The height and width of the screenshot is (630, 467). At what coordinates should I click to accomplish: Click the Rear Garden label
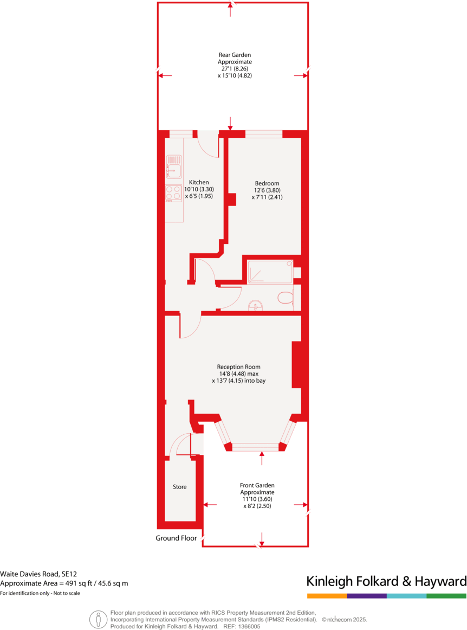point(235,55)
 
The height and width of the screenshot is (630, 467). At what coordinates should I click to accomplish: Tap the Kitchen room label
point(198,183)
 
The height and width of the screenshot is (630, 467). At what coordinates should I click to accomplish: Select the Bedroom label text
point(267,183)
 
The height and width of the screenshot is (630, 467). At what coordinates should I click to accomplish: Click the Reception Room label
point(238,366)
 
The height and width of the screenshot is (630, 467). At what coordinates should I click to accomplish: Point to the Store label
point(179,487)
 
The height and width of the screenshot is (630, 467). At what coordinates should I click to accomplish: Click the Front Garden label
point(257,485)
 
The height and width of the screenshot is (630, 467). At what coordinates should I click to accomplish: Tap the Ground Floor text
point(176,538)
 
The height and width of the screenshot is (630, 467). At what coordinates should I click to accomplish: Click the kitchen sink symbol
point(174,166)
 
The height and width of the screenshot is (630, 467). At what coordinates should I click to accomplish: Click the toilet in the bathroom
point(285,297)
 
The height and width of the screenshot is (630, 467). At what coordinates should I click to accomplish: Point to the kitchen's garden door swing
point(207,143)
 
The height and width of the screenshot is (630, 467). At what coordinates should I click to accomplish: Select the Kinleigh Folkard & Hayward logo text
point(386,582)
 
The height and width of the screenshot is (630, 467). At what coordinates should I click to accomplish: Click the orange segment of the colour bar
point(327,596)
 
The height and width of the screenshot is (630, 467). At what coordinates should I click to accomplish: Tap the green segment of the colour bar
point(446,596)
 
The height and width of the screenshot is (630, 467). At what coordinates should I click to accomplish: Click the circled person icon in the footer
point(98,619)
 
